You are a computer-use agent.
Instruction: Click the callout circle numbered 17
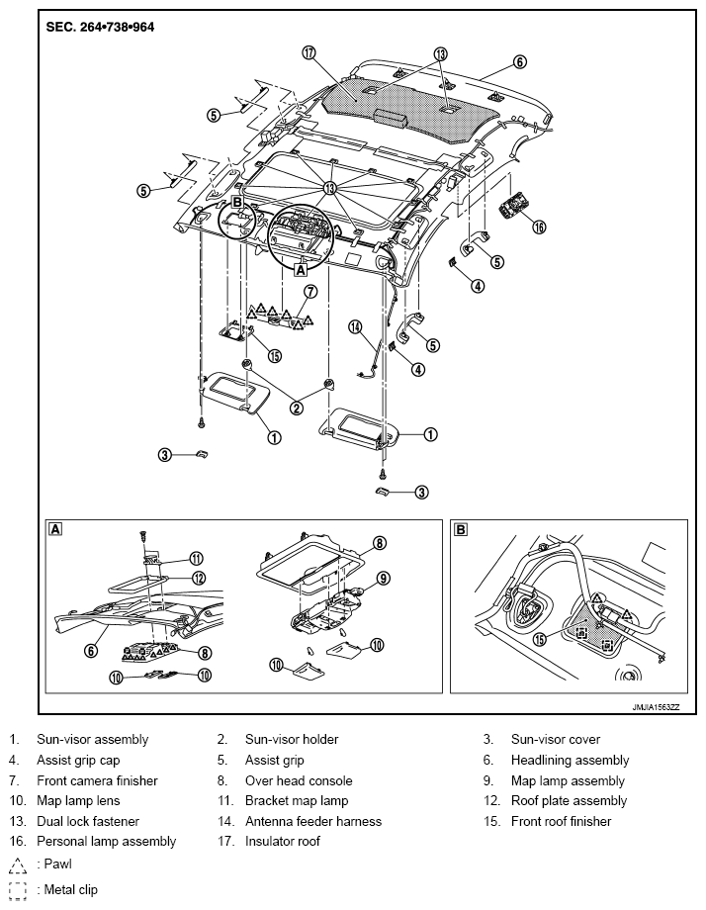point(309,52)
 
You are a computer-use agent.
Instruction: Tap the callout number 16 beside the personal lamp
point(539,227)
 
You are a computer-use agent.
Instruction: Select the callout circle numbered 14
point(355,327)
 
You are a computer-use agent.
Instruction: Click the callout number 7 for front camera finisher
point(310,291)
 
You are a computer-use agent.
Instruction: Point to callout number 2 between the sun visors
point(297,409)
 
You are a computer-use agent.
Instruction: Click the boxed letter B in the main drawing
point(236,202)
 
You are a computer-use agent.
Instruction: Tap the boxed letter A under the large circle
point(301,270)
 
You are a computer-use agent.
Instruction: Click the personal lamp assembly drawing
point(511,206)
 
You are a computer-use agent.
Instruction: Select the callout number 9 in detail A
point(383,578)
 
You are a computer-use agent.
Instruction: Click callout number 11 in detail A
point(196,558)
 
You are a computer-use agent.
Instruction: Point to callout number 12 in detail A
point(199,578)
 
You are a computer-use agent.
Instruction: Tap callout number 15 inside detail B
point(540,639)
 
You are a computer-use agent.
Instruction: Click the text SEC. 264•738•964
point(100,28)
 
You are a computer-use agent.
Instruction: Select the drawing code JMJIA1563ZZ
point(657,707)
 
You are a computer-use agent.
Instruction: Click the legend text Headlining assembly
point(570,761)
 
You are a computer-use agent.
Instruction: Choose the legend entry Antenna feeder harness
point(313,821)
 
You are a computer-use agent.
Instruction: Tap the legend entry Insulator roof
point(283,841)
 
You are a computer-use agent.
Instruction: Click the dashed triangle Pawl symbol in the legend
point(18,865)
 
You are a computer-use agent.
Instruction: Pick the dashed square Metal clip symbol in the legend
point(18,891)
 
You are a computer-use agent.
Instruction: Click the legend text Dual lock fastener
point(88,821)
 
